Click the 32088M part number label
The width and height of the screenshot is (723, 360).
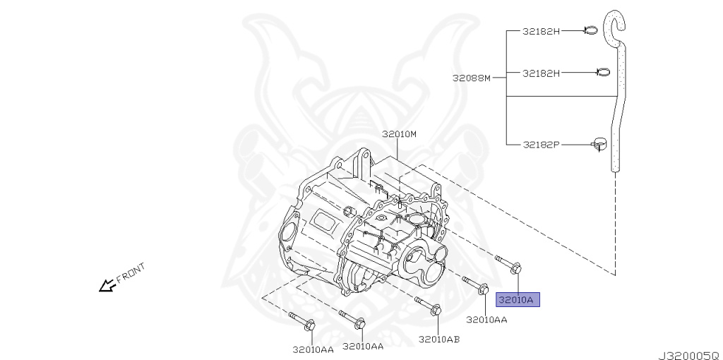coord(471,78)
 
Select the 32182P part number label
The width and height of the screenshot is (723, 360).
coord(541,145)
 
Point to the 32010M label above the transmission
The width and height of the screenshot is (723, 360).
coord(400,133)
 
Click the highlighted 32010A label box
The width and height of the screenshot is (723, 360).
coord(518,300)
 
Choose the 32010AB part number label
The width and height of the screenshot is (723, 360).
coord(438,339)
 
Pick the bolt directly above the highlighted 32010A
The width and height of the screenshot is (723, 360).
coord(510,264)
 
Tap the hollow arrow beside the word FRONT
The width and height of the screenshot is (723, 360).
coord(107,285)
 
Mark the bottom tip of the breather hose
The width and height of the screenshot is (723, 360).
coord(614,168)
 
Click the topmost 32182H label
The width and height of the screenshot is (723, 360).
coord(541,31)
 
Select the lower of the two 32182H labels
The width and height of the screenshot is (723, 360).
coord(541,73)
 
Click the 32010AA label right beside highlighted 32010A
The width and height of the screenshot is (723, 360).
coord(486,319)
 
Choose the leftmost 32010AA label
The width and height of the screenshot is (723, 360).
coord(313,348)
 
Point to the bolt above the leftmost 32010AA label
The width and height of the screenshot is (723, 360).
coord(302,320)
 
